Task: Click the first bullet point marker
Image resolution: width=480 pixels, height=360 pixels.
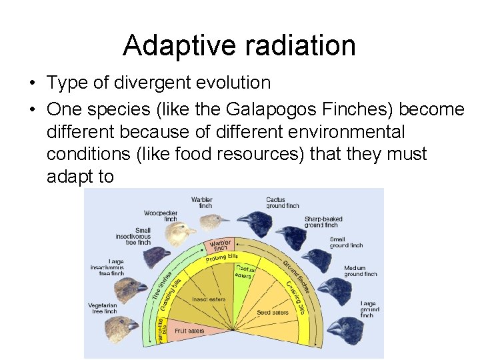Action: pos(32,83)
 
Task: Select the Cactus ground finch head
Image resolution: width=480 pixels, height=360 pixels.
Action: pos(254,219)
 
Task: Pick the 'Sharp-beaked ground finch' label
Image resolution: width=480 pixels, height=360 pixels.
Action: pos(324,222)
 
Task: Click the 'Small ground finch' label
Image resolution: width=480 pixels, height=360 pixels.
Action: pos(346,243)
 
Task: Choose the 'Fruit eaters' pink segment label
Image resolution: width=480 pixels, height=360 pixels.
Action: pos(189,330)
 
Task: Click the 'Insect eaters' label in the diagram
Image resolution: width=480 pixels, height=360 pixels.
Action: pos(208,299)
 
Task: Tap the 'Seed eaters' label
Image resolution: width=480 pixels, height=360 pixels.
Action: pos(272,312)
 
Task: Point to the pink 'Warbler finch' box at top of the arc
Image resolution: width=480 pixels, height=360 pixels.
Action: pos(221,245)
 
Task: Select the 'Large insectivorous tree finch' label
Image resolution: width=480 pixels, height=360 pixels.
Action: pos(107,267)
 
